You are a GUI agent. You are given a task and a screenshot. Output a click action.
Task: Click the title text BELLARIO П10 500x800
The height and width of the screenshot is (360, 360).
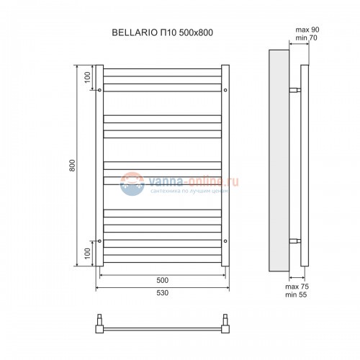coord(163,32)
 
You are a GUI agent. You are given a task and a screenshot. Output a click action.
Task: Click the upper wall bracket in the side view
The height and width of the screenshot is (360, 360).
coord(294,91)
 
